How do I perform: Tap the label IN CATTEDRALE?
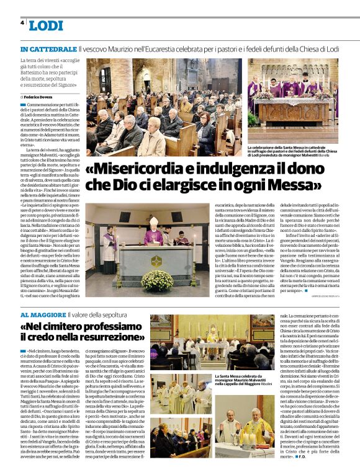click(48, 48)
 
